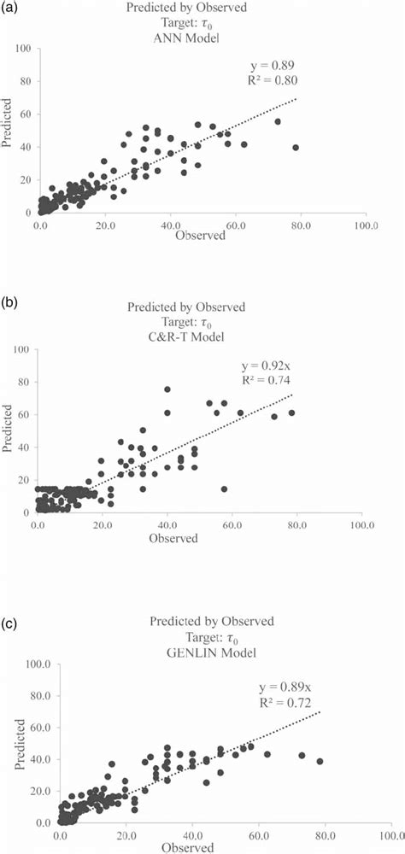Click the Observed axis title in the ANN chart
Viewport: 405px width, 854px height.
[x=199, y=236]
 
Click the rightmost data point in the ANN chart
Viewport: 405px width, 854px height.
[x=296, y=147]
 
